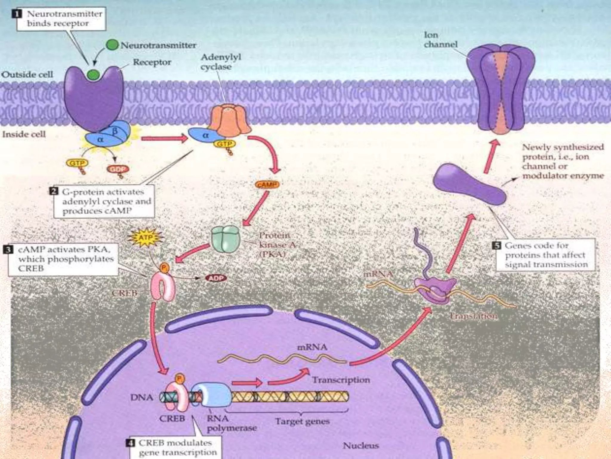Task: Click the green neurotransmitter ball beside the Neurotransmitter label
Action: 112,45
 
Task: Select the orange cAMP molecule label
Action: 267,185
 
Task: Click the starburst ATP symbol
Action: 146,238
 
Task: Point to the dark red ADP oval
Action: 216,278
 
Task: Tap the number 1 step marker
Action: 17,14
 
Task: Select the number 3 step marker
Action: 8,249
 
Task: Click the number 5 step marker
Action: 496,246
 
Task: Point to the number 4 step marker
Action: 130,443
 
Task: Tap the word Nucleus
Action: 361,446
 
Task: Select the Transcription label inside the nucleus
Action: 341,380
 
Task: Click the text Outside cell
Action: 27,74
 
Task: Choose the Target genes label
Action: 302,421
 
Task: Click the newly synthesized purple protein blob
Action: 469,184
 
